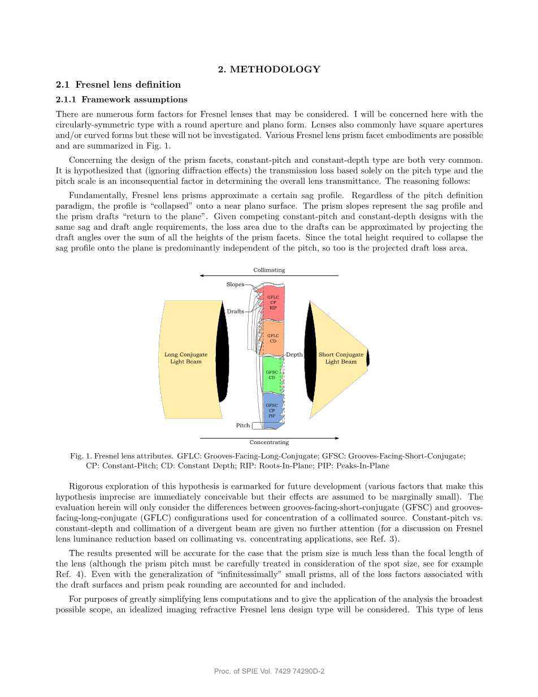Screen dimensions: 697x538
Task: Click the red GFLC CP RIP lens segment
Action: (x=274, y=303)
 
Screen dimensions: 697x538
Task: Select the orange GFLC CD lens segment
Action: (x=273, y=338)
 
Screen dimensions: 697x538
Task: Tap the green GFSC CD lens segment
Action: (x=272, y=375)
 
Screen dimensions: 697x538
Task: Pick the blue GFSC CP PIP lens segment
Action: (x=272, y=410)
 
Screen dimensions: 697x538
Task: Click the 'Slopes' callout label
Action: (x=235, y=285)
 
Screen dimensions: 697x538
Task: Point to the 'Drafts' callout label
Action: (x=235, y=312)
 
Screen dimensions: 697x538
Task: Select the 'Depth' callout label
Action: (x=294, y=355)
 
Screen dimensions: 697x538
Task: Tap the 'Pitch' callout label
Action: (x=242, y=425)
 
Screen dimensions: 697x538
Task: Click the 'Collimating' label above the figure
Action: (x=269, y=270)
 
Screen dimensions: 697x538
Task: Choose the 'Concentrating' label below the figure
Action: (x=269, y=442)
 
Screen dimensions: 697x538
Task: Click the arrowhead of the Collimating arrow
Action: (x=202, y=276)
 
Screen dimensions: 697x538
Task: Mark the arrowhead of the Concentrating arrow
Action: (x=336, y=438)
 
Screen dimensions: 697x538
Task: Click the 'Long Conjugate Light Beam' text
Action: (x=186, y=358)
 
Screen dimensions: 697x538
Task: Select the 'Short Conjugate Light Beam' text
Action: (x=341, y=358)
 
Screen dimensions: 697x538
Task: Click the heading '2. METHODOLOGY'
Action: (x=269, y=70)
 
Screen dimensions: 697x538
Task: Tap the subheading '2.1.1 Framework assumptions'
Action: (x=122, y=100)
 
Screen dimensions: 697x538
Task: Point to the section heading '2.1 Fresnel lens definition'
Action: (x=118, y=85)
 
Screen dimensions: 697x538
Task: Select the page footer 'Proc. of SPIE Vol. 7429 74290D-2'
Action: (x=269, y=671)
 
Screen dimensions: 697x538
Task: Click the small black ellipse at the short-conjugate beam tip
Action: (x=368, y=359)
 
